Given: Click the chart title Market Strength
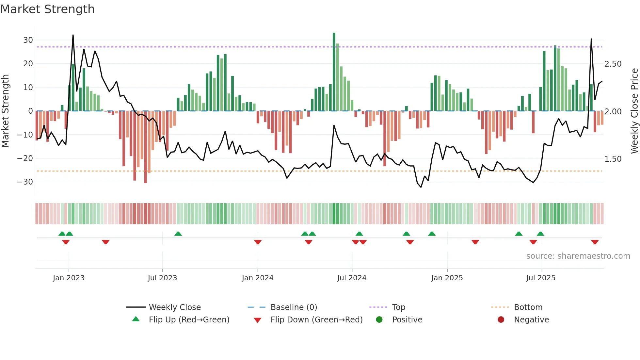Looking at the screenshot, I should tap(47, 9).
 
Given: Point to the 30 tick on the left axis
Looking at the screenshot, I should tap(28, 40).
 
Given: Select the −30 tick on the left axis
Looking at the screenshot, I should tap(25, 182).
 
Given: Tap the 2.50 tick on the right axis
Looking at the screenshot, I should tap(613, 64).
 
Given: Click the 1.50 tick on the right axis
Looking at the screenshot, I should tap(613, 159).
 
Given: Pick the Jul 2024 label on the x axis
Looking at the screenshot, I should tap(352, 278).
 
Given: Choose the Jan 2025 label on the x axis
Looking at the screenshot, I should tap(447, 278).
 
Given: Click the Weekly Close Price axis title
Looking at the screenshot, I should tap(634, 111).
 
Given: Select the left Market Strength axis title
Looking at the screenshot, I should tap(5, 111).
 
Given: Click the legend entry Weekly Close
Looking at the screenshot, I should tap(174, 307).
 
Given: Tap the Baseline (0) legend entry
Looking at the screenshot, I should tap(294, 307).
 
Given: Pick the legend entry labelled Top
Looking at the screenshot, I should tap(398, 307).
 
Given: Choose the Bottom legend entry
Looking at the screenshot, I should tap(528, 307).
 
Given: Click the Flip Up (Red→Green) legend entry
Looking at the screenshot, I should tap(189, 320).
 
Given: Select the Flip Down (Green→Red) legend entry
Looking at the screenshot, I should tap(316, 320).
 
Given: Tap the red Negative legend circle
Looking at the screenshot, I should tap(501, 320).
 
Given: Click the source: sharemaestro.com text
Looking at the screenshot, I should tap(578, 256).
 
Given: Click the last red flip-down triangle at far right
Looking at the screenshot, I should tap(595, 242).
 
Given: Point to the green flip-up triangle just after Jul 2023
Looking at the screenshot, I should tap(178, 234).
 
